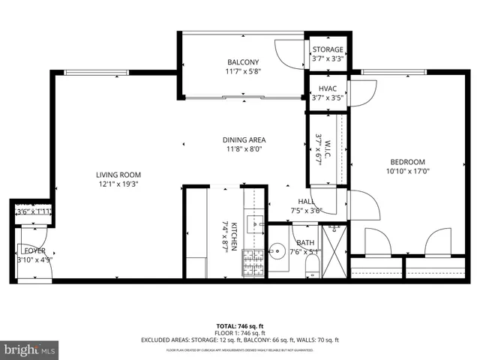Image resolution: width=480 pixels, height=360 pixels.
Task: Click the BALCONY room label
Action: (x=243, y=62)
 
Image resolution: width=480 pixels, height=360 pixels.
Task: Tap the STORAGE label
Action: (x=328, y=49)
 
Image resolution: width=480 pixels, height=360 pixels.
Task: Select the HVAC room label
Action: (x=327, y=88)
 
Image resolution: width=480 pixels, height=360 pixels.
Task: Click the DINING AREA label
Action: (x=244, y=139)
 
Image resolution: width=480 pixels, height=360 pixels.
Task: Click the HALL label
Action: (x=306, y=202)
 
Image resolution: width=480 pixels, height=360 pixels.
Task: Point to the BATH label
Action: (x=305, y=242)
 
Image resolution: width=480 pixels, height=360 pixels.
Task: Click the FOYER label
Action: (x=34, y=250)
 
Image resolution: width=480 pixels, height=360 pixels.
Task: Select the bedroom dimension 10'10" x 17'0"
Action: (x=407, y=171)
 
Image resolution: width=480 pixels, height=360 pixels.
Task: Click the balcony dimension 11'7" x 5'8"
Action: (x=243, y=71)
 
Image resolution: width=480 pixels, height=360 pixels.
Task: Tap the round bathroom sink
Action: (x=277, y=251)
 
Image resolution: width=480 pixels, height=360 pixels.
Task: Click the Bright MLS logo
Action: (x=30, y=349)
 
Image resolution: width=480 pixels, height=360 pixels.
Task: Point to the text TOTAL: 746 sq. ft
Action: (x=240, y=326)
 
